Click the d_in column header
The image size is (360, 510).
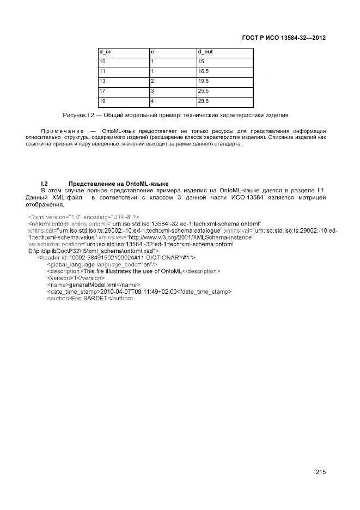point(105,52)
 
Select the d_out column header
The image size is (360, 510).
point(205,52)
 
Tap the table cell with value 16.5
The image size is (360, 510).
point(204,71)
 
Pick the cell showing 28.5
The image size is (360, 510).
point(204,101)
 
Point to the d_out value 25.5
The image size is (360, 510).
point(204,91)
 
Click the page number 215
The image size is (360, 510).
point(320,472)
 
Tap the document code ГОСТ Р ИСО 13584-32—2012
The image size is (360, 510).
point(284,38)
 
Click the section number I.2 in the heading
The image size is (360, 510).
point(45,183)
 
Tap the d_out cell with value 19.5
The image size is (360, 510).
point(204,81)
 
